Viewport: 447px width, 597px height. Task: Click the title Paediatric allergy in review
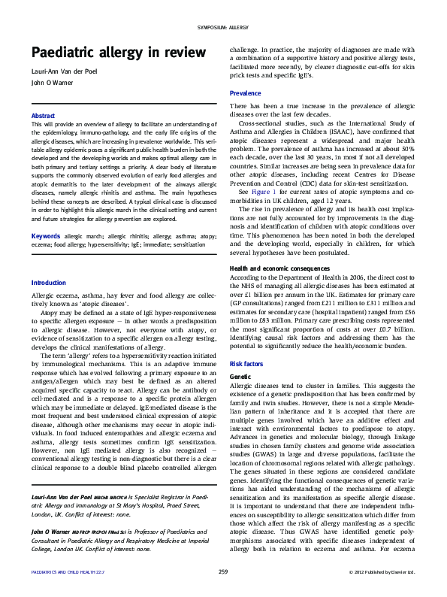pyautogui.click(x=117, y=53)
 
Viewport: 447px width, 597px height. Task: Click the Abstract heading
pyautogui.click(x=44, y=115)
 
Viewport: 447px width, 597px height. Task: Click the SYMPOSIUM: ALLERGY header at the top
pyautogui.click(x=223, y=27)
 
